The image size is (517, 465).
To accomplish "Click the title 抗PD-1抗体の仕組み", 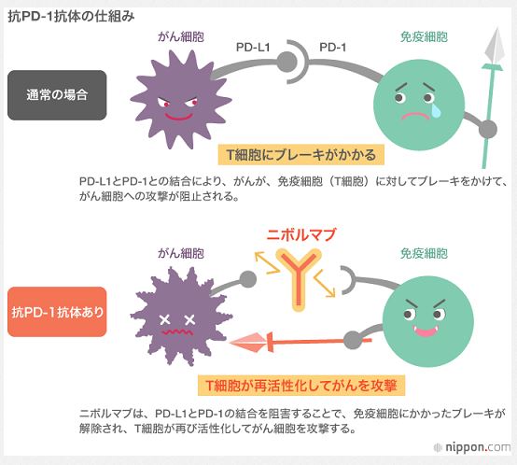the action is point(71,16).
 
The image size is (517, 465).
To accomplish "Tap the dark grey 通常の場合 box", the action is point(57,95).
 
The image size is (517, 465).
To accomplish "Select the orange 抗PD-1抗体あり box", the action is point(57,312).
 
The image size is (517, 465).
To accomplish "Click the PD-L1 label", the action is point(253,48).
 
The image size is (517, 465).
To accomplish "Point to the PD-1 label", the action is point(332,48).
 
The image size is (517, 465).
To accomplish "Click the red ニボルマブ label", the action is point(300,234).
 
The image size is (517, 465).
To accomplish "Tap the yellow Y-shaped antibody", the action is point(299,278).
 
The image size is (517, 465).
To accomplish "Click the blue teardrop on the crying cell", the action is point(436,110).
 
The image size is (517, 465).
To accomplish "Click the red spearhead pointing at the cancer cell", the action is point(248,343).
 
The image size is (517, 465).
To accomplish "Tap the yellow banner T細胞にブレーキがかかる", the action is point(301,155).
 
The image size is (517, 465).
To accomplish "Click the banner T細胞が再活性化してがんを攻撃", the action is point(301,386).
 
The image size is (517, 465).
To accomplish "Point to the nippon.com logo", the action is point(472,447).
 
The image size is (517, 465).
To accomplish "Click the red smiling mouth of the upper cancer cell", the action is point(178,117).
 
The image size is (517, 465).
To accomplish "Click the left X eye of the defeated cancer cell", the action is point(164,319).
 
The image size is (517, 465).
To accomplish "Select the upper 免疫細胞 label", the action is point(424,37).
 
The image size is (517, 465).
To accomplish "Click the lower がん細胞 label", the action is point(181,253).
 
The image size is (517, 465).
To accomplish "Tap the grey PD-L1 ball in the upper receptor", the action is point(286,62).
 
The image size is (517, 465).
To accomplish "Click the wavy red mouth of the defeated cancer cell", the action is point(177,332).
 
